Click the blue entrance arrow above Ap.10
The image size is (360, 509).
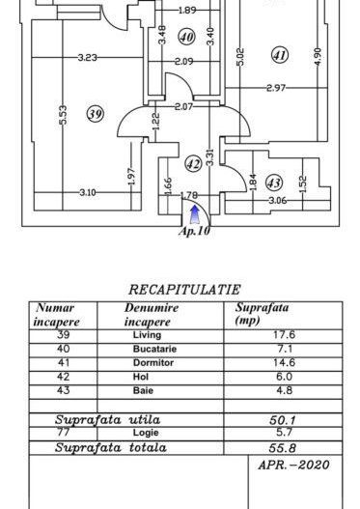pyautogui.click(x=196, y=213)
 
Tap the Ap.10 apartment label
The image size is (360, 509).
pyautogui.click(x=195, y=230)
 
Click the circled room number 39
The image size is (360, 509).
pyautogui.click(x=95, y=114)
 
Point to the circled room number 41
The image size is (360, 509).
pyautogui.click(x=280, y=55)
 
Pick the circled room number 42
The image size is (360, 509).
pyautogui.click(x=193, y=164)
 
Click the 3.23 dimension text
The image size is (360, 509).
pyautogui.click(x=88, y=58)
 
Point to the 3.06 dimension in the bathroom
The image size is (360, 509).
pyautogui.click(x=277, y=201)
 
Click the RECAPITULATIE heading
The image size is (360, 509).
pyautogui.click(x=183, y=288)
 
